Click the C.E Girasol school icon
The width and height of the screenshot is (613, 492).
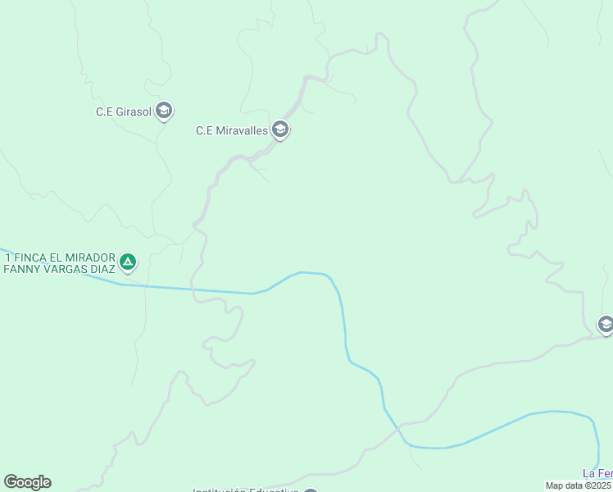point(164,111)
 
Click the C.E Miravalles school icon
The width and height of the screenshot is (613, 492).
point(280,130)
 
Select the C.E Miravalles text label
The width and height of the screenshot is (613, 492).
point(231,130)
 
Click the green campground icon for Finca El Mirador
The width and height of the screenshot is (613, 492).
point(127,262)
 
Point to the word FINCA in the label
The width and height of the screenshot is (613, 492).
point(29,257)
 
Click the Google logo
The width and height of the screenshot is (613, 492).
point(27,482)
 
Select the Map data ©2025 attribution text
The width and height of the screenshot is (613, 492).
point(579,485)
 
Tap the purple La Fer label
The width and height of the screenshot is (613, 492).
point(597,473)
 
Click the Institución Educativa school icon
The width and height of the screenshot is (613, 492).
point(310,490)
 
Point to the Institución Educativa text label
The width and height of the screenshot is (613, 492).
point(245,490)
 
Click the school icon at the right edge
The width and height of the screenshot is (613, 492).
point(606,325)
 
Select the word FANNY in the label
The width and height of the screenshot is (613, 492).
point(22,269)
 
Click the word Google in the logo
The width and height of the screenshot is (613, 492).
point(27,482)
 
